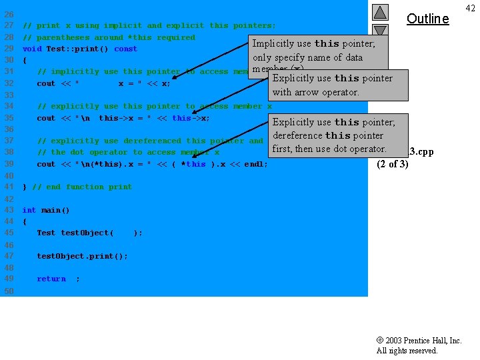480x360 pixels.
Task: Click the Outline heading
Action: click(x=427, y=19)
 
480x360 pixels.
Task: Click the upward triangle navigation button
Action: click(x=379, y=12)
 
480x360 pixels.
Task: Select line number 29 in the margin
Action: click(x=9, y=49)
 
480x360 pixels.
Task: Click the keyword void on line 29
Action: click(x=32, y=49)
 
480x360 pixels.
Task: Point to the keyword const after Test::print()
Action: click(x=125, y=49)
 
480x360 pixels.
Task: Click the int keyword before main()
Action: click(x=29, y=210)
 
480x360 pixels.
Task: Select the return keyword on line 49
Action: click(x=51, y=279)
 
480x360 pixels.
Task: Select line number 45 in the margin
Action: click(x=9, y=233)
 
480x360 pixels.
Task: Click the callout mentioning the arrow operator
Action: click(x=332, y=85)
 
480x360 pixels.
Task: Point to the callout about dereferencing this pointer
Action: click(x=333, y=135)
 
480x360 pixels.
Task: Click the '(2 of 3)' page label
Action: click(x=392, y=164)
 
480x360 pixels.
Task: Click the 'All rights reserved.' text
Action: click(x=407, y=351)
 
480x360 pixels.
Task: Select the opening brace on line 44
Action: click(x=25, y=221)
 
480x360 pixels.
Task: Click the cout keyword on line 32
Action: click(x=46, y=83)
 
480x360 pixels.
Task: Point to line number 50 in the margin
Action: click(x=9, y=291)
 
